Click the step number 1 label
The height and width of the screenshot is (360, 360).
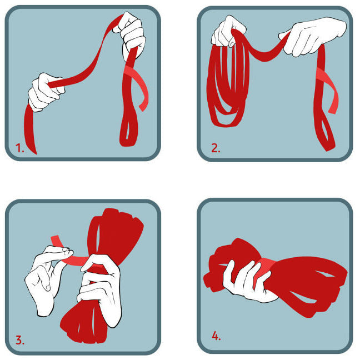(x=20, y=148)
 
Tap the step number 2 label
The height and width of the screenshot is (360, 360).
(x=215, y=148)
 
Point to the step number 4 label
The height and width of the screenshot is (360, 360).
(x=216, y=336)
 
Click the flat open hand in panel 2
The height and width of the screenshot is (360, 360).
(x=311, y=34)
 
